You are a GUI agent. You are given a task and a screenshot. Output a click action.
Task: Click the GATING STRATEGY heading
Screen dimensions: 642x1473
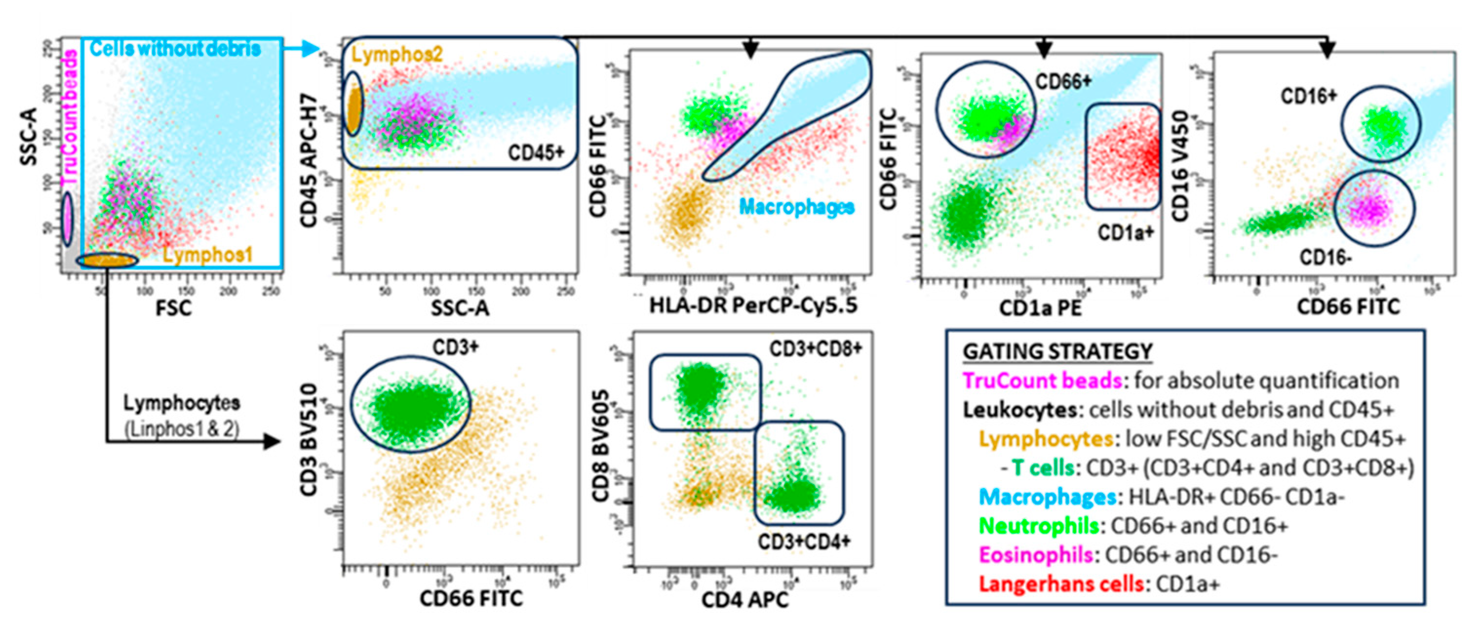pyautogui.click(x=1057, y=351)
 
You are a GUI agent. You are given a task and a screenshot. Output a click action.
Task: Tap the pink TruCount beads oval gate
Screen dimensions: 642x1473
pyautogui.click(x=67, y=219)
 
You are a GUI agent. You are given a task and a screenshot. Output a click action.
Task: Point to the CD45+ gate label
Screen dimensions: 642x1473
pyautogui.click(x=536, y=153)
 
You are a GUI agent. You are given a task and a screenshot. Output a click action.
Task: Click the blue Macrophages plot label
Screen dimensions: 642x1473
pyautogui.click(x=796, y=207)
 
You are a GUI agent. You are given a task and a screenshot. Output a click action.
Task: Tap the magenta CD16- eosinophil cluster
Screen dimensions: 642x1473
pyautogui.click(x=1373, y=209)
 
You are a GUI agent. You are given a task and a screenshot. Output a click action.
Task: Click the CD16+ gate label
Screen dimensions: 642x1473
pyautogui.click(x=1308, y=96)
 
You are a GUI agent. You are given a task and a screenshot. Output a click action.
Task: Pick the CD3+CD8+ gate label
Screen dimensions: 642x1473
pyautogui.click(x=815, y=348)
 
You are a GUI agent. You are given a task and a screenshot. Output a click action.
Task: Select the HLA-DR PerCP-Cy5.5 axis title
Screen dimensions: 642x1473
pyautogui.click(x=753, y=306)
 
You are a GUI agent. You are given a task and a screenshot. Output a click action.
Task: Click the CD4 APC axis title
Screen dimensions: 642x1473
pyautogui.click(x=744, y=600)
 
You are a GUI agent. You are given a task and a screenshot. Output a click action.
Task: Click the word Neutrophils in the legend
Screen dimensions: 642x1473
pyautogui.click(x=1038, y=525)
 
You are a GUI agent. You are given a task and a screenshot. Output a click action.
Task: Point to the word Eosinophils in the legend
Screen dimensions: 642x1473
pyautogui.click(x=1036, y=555)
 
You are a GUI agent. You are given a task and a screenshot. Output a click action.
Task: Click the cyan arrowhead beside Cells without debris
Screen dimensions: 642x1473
pyautogui.click(x=310, y=48)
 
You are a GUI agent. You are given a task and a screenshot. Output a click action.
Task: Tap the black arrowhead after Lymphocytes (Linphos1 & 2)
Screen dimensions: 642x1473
pyautogui.click(x=271, y=441)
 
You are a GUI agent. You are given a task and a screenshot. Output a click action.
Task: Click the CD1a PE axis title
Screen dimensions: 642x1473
pyautogui.click(x=1040, y=308)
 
